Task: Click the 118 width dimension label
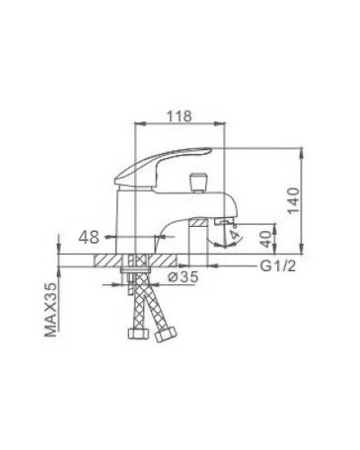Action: [x=180, y=115]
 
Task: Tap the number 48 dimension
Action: [x=88, y=236]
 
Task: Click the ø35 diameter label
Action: [x=185, y=277]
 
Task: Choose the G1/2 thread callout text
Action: [x=277, y=267]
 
